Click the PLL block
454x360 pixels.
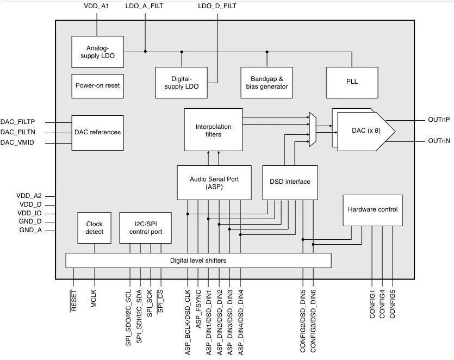pyautogui.click(x=352, y=83)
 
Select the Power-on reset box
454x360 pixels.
pyautogui.click(x=97, y=86)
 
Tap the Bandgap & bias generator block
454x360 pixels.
pyautogui.click(x=266, y=83)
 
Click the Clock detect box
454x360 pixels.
pyautogui.click(x=95, y=228)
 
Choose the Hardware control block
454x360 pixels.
pyautogui.click(x=372, y=210)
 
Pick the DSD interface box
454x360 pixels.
pyautogui.click(x=290, y=183)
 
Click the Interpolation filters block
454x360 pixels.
pyautogui.click(x=213, y=130)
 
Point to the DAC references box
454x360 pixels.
pyautogui.click(x=97, y=133)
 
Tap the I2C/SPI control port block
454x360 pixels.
pyautogui.click(x=145, y=228)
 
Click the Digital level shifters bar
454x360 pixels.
pyautogui.click(x=198, y=260)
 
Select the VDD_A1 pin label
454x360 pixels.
pyautogui.click(x=96, y=6)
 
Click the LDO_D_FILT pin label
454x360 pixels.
pyautogui.click(x=217, y=6)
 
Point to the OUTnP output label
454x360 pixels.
pyautogui.click(x=439, y=120)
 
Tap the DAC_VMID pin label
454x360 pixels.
pyautogui.click(x=17, y=142)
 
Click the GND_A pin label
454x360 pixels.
pyautogui.click(x=30, y=230)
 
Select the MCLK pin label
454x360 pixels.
pyautogui.click(x=93, y=299)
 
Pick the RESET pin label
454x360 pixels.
pyautogui.click(x=73, y=300)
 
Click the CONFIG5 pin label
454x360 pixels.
pyautogui.click(x=393, y=304)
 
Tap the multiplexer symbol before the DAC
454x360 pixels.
pyautogui.click(x=313, y=129)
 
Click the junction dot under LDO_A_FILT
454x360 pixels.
pyautogui.click(x=145, y=52)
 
